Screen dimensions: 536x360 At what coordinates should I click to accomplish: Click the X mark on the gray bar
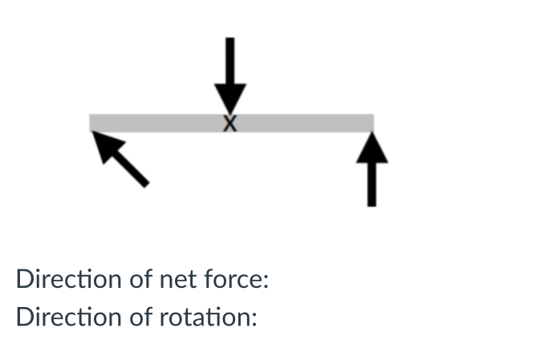230,123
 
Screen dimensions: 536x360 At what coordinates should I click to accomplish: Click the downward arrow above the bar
230,75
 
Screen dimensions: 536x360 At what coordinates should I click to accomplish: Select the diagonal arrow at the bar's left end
120,159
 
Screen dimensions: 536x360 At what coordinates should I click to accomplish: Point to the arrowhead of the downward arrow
230,99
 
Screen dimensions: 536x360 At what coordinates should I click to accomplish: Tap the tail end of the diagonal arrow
145,184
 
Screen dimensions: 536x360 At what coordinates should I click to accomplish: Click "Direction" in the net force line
67,280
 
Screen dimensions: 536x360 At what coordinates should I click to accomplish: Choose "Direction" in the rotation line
67,317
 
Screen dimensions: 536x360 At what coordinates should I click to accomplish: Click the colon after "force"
265,282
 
